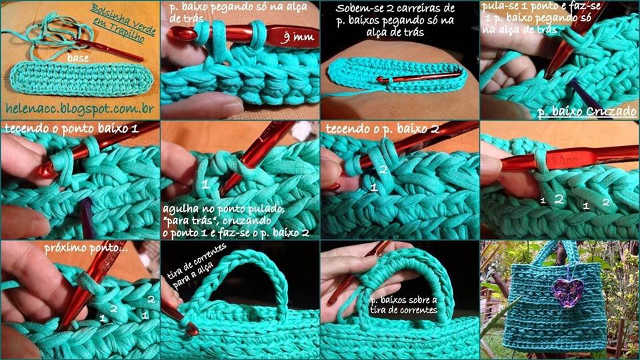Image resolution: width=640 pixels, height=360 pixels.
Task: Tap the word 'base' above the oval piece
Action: pos(78,58)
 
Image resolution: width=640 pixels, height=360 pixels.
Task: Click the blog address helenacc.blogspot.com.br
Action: pos(79,109)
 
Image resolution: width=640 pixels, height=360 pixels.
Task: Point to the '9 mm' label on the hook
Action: pos(297,37)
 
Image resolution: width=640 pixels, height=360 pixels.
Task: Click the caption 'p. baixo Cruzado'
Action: pos(587,111)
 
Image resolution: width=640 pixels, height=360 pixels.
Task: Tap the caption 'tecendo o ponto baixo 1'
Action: pos(71,128)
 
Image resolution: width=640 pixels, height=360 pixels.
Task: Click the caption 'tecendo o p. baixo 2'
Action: pos(382,129)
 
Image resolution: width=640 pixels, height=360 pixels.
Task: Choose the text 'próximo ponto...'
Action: pos(85,248)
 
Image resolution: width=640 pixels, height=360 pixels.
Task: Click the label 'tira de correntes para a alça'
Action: pos(196,266)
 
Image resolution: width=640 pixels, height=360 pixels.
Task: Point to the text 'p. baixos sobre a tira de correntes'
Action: pos(403,305)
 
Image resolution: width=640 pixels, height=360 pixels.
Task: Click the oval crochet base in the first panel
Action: pos(81,79)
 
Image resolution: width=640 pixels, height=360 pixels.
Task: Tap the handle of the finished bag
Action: pos(557,250)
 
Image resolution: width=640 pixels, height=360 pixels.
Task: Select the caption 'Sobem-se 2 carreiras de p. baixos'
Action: pos(395,14)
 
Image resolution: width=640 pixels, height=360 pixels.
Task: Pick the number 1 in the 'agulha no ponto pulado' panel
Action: pos(205,185)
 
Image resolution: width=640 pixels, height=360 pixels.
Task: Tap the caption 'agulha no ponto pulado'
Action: pos(223,209)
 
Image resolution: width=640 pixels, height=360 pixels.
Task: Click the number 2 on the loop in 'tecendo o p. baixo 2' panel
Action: pos(383,170)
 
